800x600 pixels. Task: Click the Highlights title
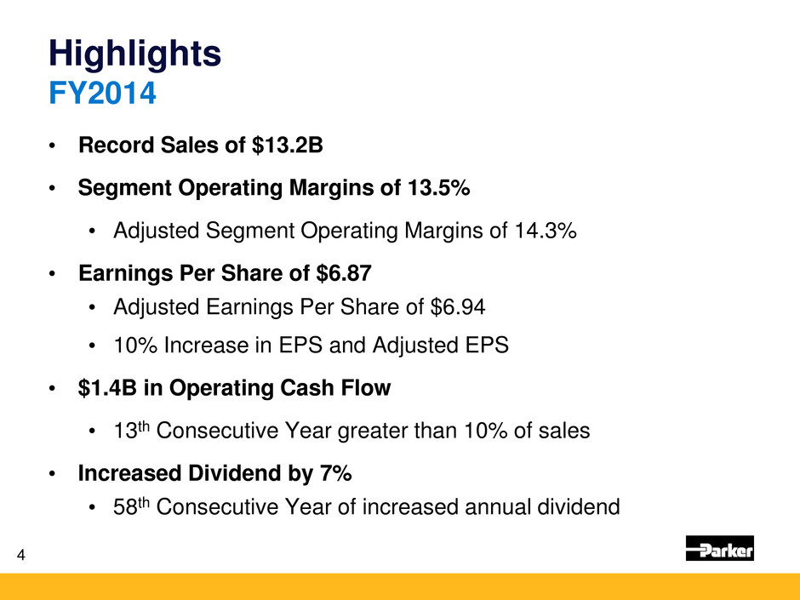[135, 54]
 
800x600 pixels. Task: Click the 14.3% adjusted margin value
[545, 230]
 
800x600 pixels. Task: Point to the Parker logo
[719, 549]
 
